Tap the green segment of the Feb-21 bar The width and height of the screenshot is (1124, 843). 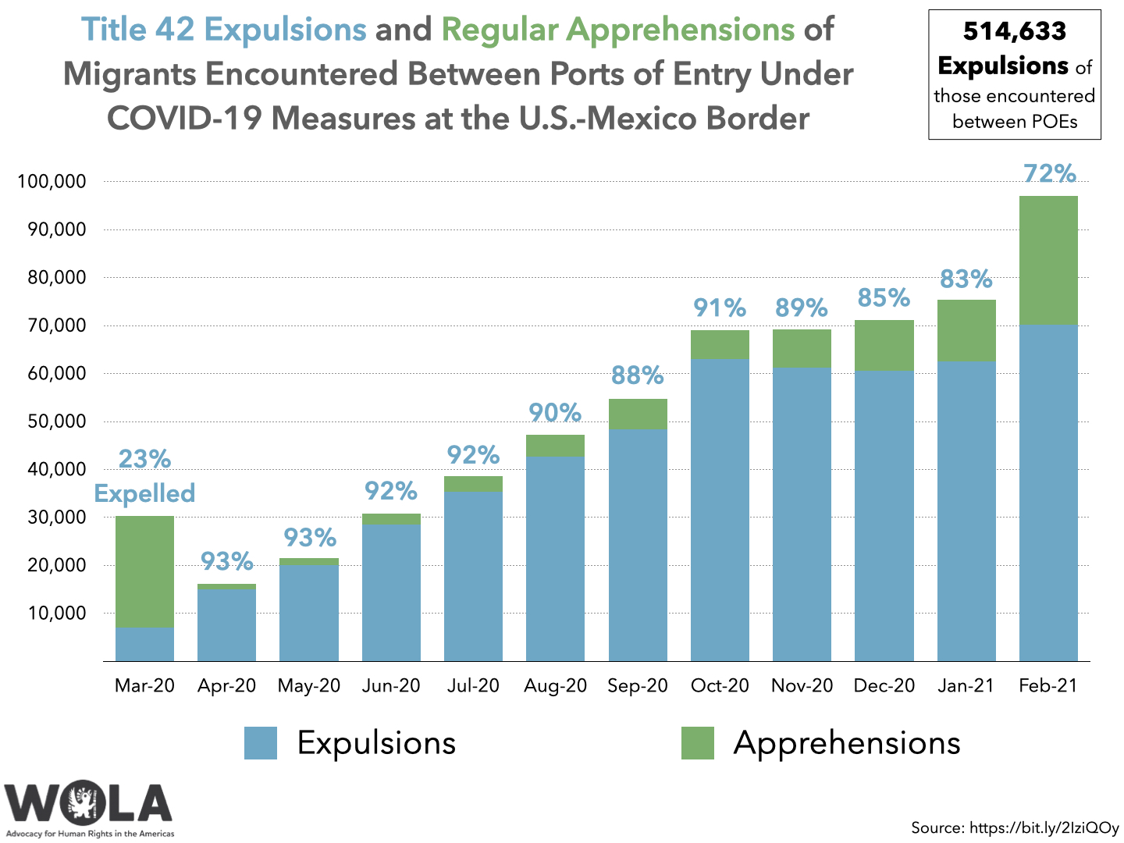[1048, 260]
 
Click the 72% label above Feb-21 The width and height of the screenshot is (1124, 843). [1049, 173]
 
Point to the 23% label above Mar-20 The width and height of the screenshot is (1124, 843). [144, 459]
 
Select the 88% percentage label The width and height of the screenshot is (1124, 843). [637, 375]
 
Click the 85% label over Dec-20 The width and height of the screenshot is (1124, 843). [884, 297]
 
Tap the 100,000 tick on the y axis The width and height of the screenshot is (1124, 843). [52, 182]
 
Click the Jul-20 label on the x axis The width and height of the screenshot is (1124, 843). [473, 686]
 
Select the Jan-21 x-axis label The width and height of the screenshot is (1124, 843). [966, 686]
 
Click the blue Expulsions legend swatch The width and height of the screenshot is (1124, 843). [261, 743]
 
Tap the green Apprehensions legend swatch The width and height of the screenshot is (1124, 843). [697, 743]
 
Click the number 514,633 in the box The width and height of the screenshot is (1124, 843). [1014, 31]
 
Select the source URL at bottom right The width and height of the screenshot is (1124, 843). [1044, 827]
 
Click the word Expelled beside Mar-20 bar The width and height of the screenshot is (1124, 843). [144, 493]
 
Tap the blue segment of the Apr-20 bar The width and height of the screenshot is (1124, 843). [226, 625]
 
